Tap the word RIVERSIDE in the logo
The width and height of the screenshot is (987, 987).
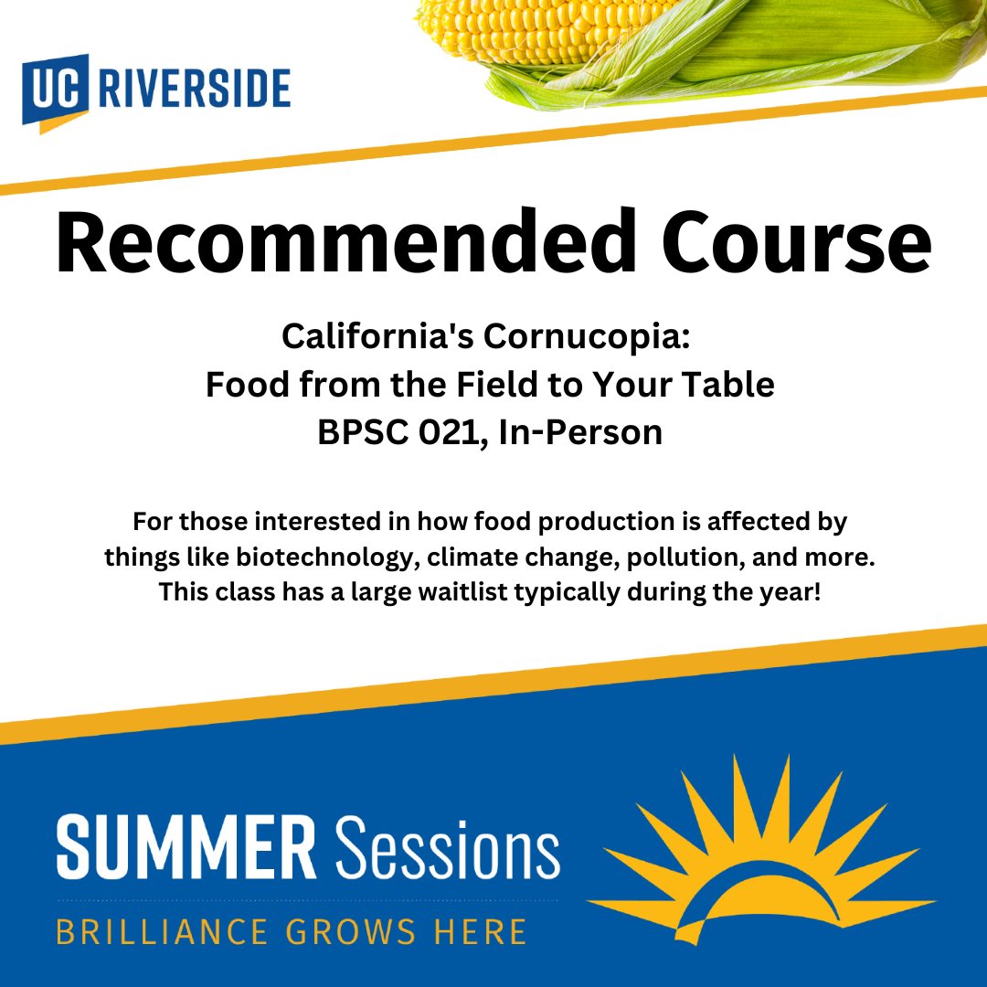(193, 90)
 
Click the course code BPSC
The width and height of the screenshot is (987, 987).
(357, 430)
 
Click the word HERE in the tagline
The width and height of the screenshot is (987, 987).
(481, 931)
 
